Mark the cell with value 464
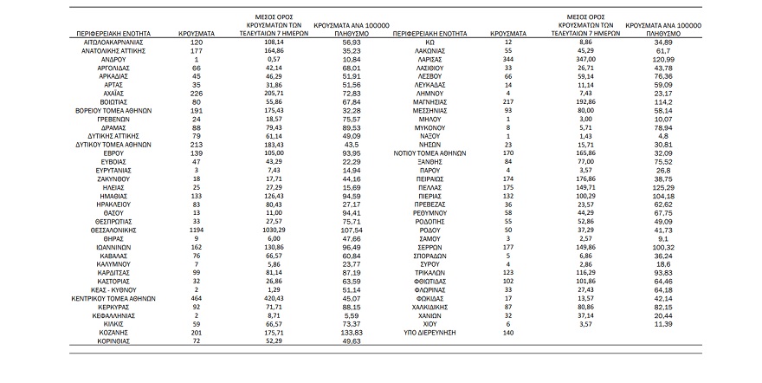pyautogui.click(x=197, y=297)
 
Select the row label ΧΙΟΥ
pyautogui.click(x=429, y=322)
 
